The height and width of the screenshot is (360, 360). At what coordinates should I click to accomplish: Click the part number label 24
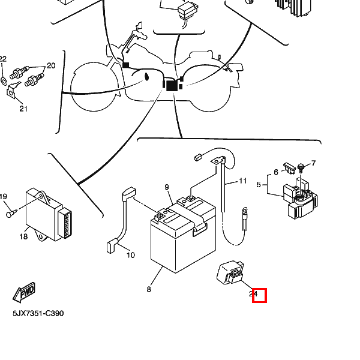pyautogui.click(x=253, y=293)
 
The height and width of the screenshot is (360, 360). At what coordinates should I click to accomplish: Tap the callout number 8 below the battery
pyautogui.click(x=149, y=290)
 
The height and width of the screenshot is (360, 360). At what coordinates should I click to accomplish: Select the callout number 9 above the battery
pyautogui.click(x=167, y=187)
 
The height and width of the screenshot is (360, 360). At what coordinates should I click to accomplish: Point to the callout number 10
pyautogui.click(x=131, y=255)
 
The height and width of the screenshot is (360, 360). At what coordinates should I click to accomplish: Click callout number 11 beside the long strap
pyautogui.click(x=242, y=181)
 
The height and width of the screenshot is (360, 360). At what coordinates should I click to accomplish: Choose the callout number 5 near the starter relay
pyautogui.click(x=259, y=185)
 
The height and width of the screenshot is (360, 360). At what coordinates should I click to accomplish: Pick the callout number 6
pyautogui.click(x=276, y=172)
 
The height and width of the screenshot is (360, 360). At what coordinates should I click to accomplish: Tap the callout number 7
pyautogui.click(x=314, y=163)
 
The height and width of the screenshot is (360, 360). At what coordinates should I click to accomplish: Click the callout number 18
pyautogui.click(x=23, y=236)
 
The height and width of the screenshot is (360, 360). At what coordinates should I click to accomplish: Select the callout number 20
pyautogui.click(x=51, y=65)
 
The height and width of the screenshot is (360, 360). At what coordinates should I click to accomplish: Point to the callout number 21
pyautogui.click(x=23, y=109)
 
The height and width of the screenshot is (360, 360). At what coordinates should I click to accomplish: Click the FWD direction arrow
pyautogui.click(x=24, y=292)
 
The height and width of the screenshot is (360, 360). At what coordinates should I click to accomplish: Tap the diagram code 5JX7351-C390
pyautogui.click(x=38, y=313)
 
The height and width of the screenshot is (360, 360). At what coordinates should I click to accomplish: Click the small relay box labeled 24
pyautogui.click(x=230, y=272)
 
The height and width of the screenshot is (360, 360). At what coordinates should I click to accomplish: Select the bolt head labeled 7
pyautogui.click(x=301, y=166)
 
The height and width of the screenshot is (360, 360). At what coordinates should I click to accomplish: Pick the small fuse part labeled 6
pyautogui.click(x=289, y=168)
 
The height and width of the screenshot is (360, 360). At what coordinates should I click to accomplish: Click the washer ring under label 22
pyautogui.click(x=4, y=81)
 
